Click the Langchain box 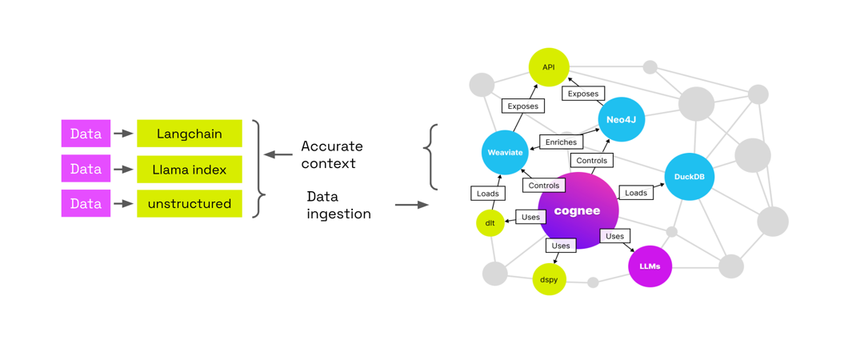[x=190, y=134]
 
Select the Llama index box [x=190, y=170]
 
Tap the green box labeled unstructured [x=190, y=204]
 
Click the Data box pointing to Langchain [x=86, y=134]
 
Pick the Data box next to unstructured [x=86, y=204]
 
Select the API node [x=549, y=67]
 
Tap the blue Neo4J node [x=621, y=119]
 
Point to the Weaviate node [x=505, y=152]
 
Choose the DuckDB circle [x=689, y=177]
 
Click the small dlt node [x=490, y=223]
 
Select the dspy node [x=549, y=279]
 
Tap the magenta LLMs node [x=650, y=266]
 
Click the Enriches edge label [x=561, y=142]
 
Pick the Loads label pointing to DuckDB [x=636, y=193]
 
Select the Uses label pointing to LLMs [x=614, y=236]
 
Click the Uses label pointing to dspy [x=561, y=246]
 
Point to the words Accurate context [x=331, y=154]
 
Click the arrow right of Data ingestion [x=411, y=206]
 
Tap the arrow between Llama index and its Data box [x=123, y=170]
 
